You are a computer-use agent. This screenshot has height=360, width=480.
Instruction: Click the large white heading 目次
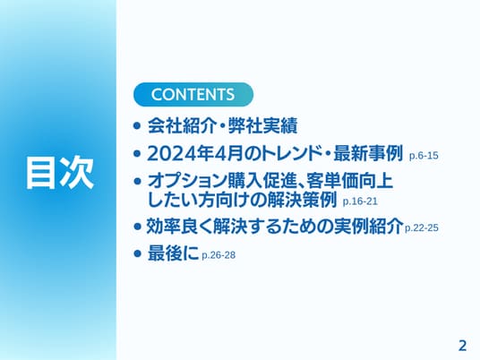click(60, 172)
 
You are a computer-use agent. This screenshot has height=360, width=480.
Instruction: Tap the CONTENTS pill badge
click(193, 94)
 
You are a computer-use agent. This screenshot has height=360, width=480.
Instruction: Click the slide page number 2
click(462, 346)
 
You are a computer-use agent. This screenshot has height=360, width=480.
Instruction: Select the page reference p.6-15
click(424, 156)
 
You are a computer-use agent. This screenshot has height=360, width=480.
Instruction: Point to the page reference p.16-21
click(360, 201)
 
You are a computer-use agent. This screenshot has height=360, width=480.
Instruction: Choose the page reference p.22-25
click(422, 228)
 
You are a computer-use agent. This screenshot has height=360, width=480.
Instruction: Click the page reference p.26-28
click(219, 255)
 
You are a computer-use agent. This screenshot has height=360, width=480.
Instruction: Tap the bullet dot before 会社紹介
click(137, 125)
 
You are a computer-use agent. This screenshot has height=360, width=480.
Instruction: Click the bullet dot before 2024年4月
click(137, 153)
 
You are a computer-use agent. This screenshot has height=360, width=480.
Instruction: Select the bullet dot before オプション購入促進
click(137, 181)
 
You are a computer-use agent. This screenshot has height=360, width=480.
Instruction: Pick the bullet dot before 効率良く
click(137, 227)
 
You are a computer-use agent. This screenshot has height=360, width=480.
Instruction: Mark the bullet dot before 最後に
click(137, 253)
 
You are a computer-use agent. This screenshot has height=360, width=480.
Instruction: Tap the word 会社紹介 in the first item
click(182, 125)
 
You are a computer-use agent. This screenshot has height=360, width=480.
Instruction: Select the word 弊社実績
click(262, 125)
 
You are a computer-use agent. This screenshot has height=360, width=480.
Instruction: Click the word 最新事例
click(368, 153)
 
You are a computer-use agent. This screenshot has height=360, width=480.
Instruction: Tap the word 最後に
click(173, 253)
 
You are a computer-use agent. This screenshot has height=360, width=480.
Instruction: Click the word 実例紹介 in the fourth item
click(369, 227)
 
